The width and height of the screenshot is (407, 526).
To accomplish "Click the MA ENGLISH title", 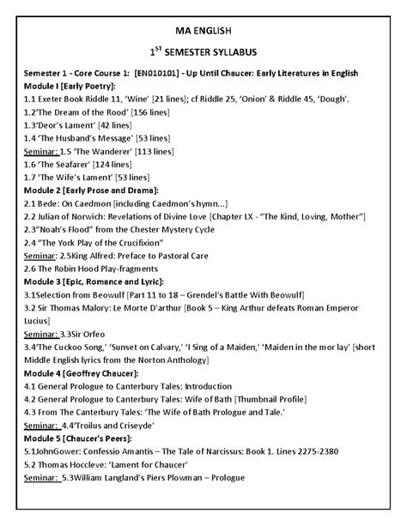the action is (203, 32).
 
